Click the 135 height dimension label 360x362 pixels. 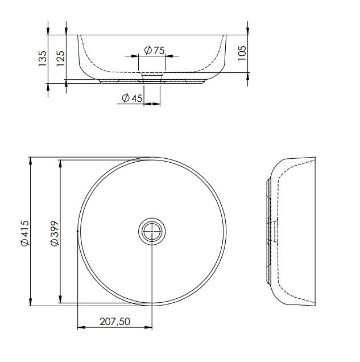(42, 59)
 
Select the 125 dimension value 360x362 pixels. (60, 57)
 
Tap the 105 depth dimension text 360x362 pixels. (242, 54)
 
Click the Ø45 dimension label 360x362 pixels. (132, 98)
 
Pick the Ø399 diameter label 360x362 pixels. (55, 233)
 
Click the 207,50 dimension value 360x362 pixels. (115, 322)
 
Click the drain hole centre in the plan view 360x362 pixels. (152, 232)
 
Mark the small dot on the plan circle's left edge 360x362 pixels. (77, 231)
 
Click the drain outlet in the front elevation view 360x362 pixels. (151, 76)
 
